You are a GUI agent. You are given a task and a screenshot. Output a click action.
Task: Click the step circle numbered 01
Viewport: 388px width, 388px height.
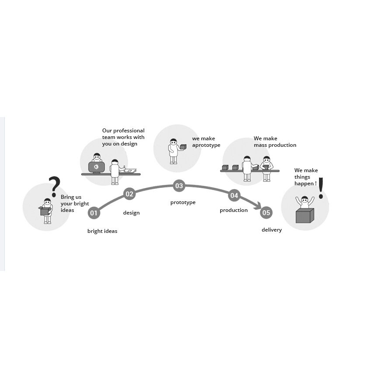[x=94, y=213]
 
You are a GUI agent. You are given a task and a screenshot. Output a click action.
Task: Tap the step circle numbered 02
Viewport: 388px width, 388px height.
[x=129, y=194]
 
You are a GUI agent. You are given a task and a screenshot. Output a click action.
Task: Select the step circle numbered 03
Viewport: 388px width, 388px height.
[x=179, y=186]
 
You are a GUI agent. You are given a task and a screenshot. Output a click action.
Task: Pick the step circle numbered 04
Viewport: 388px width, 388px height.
[x=234, y=195]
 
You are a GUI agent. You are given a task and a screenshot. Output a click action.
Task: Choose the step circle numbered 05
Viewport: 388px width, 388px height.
[x=266, y=213]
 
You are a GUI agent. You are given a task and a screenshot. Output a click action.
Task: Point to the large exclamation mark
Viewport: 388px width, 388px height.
[x=321, y=188]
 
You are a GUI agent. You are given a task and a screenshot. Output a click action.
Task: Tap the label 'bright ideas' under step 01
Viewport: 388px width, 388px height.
[x=102, y=231]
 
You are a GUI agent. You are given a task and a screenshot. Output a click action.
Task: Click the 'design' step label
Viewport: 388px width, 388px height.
[x=131, y=213]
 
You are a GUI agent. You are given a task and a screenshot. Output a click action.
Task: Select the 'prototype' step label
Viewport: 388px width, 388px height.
[x=183, y=203]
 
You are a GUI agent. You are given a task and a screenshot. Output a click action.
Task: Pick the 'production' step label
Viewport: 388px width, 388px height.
[x=233, y=210]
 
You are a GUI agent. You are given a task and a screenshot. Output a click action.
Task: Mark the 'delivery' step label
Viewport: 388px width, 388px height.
[x=271, y=230]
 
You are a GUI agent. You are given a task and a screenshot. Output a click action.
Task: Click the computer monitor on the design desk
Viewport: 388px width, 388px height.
[x=97, y=167]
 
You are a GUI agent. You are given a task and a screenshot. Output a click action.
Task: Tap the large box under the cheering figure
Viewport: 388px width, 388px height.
[x=305, y=215]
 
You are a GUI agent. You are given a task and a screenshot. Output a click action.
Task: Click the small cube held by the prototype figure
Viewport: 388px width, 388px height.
[x=183, y=147]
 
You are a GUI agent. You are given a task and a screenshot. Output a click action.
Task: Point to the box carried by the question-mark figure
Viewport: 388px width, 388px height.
[x=45, y=211]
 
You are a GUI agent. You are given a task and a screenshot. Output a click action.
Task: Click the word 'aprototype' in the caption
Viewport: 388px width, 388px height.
[x=206, y=145]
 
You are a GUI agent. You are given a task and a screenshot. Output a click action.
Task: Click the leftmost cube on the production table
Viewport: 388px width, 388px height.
[x=225, y=167]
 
